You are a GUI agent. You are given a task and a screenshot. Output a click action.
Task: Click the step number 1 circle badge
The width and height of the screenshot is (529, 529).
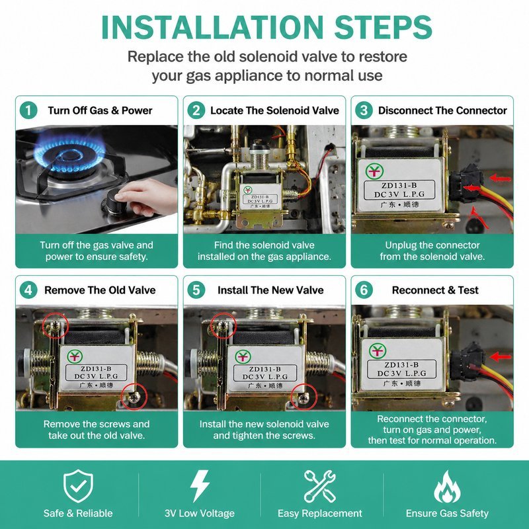click(28, 110)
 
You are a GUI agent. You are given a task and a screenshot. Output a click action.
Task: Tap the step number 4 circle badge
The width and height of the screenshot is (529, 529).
click(28, 290)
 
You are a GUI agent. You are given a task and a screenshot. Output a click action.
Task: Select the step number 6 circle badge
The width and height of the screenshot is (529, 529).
click(364, 290)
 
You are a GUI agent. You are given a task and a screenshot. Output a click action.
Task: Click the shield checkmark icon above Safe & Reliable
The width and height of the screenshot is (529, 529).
click(78, 486)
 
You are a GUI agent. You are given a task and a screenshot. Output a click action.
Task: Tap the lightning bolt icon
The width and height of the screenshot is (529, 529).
click(200, 486)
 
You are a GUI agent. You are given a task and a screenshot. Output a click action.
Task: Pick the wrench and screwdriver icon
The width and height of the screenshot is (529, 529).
click(320, 486)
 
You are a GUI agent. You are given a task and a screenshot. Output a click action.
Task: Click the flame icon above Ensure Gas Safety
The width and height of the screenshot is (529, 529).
click(447, 486)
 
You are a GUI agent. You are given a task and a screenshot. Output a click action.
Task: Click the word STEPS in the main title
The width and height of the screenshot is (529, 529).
click(384, 27)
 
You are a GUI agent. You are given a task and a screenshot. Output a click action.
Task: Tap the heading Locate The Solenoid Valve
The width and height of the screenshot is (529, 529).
click(274, 110)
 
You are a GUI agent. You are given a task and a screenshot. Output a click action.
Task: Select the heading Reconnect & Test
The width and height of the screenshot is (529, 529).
click(435, 290)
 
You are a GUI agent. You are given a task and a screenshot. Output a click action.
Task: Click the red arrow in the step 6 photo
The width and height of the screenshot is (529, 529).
click(501, 356)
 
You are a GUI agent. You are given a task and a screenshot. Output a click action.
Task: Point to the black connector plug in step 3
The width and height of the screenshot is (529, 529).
click(466, 183)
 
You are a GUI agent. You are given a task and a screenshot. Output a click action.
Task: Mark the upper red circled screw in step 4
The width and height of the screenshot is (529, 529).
click(56, 325)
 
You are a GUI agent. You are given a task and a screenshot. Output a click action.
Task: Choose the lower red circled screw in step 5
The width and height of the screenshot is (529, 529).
click(304, 397)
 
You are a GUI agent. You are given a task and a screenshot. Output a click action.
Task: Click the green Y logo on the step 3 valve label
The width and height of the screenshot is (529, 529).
click(374, 171)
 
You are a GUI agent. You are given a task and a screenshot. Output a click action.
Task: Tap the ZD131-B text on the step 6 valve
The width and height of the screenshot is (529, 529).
click(401, 365)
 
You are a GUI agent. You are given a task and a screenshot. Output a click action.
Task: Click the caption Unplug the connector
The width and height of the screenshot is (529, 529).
click(432, 245)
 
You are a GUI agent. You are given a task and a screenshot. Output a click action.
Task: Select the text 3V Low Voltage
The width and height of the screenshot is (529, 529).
click(200, 513)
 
